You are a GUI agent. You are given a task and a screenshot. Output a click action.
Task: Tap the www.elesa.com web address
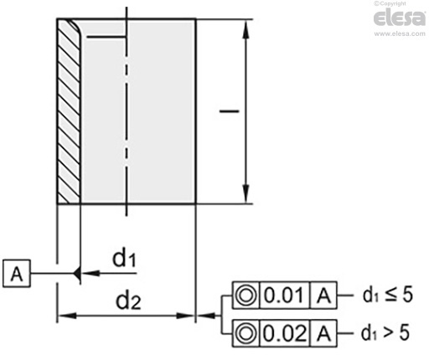tap(400, 33)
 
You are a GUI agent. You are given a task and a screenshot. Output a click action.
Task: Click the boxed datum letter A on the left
tap(17, 274)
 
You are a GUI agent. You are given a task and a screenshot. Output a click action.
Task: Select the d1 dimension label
tap(124, 258)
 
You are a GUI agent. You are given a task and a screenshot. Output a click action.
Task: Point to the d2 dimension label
tap(128, 301)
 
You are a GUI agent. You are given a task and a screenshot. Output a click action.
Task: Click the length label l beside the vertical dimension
tap(229, 111)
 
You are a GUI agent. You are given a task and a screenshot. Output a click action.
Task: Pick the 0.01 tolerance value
tap(284, 296)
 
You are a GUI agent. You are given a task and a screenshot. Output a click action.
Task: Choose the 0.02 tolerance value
tap(285, 333)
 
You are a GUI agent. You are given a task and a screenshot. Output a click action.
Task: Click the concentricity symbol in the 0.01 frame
tap(246, 296)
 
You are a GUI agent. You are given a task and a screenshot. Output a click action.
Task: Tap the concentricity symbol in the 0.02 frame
tap(246, 333)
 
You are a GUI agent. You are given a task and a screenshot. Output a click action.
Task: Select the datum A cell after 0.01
tap(323, 296)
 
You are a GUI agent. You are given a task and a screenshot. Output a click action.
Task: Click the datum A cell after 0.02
tap(323, 333)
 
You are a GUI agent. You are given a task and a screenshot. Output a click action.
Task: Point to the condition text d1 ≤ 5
tap(388, 295)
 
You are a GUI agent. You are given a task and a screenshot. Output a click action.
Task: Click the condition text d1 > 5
tap(385, 332)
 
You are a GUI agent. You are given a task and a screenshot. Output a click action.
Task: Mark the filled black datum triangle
tap(77, 273)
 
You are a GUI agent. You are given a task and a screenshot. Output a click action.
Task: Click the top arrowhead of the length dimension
tap(246, 29)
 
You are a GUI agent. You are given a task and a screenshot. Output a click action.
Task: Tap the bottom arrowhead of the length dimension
tap(246, 193)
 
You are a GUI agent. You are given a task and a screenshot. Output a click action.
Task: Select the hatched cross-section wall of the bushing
tap(69, 111)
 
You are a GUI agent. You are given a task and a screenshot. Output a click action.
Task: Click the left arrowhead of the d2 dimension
tap(67, 316)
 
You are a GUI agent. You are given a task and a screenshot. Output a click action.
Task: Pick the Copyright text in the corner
tap(390, 3)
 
